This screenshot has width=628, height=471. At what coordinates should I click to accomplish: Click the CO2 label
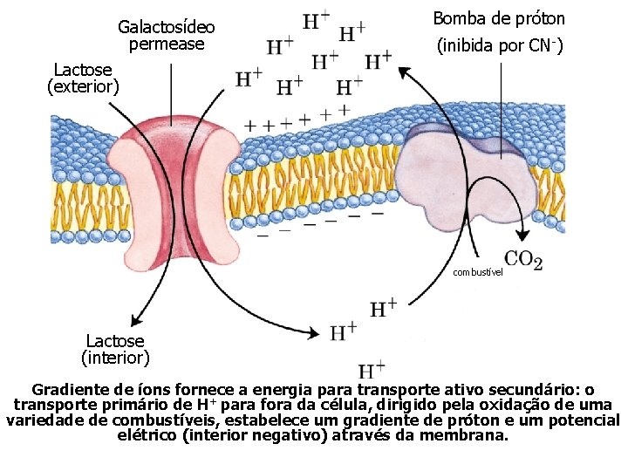click(x=523, y=259)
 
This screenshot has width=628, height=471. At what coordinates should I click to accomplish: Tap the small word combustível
click(x=479, y=272)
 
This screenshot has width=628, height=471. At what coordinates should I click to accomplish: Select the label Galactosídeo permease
click(x=166, y=36)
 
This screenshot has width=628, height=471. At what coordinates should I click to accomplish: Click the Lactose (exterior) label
click(x=83, y=77)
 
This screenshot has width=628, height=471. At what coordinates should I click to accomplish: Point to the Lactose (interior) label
click(x=115, y=349)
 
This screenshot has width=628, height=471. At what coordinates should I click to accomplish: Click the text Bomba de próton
click(x=499, y=18)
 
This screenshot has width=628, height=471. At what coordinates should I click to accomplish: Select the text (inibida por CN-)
click(x=499, y=46)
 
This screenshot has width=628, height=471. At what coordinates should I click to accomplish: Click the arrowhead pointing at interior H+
click(x=313, y=332)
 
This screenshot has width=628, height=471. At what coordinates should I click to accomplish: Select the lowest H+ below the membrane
click(x=373, y=370)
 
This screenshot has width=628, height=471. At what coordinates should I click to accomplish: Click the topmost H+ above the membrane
click(x=316, y=20)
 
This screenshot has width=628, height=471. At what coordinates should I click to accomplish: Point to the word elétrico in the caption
click(x=148, y=433)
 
